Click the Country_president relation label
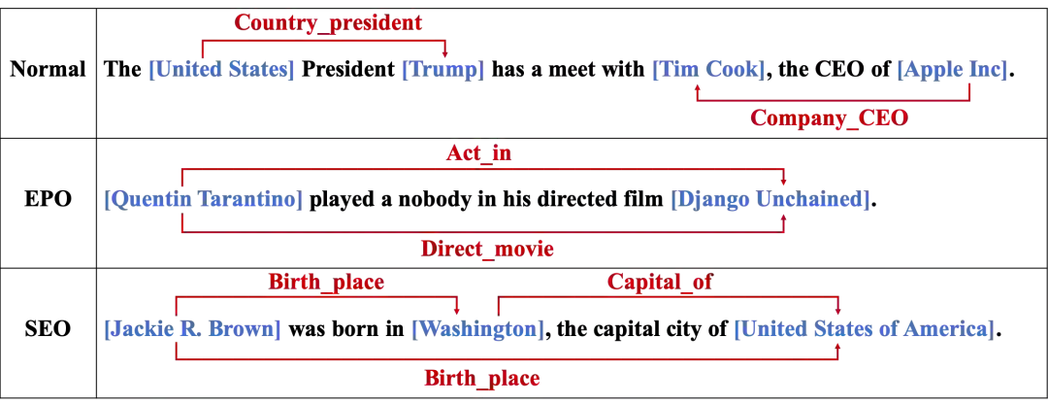(x=328, y=21)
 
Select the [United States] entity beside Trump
(x=221, y=70)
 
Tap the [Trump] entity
(x=442, y=70)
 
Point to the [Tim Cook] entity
(x=709, y=70)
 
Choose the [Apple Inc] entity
(x=953, y=70)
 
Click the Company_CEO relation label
(x=829, y=118)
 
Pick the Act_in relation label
(x=477, y=153)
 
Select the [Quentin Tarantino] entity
(x=202, y=201)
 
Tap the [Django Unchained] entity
(x=769, y=201)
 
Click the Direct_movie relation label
(x=487, y=249)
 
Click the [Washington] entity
(x=475, y=329)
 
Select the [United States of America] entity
(x=863, y=329)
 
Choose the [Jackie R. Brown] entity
(x=193, y=329)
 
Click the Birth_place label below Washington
(x=480, y=378)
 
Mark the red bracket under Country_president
(x=323, y=41)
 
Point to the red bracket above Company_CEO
(x=834, y=100)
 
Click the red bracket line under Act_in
(x=482, y=168)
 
